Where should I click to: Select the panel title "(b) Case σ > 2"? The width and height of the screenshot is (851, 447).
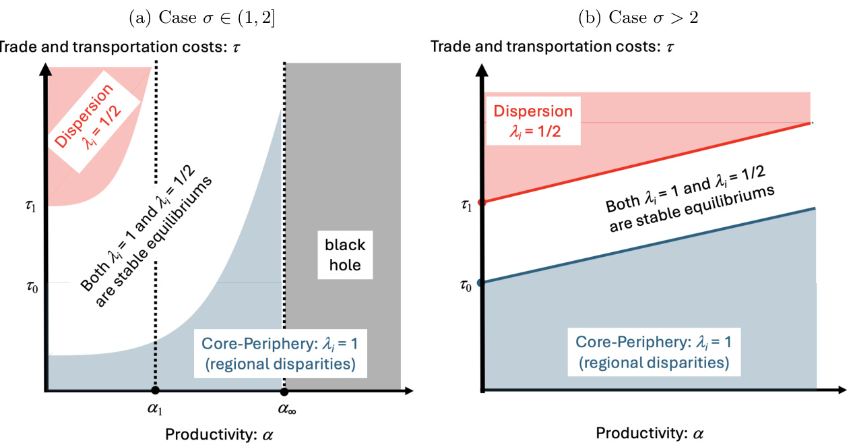[x=637, y=18]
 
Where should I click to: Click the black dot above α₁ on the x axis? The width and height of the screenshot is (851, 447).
[x=156, y=390]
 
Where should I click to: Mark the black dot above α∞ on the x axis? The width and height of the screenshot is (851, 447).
[x=284, y=391]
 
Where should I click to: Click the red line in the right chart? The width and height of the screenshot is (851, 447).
[x=647, y=162]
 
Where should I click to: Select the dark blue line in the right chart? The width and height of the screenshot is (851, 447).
[x=647, y=245]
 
